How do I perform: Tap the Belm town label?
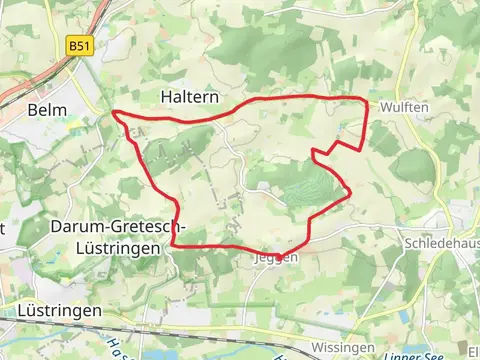[47, 110]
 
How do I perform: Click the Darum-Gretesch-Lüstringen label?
[107, 236]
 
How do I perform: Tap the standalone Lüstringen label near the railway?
[60, 311]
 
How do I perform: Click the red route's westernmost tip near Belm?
[114, 113]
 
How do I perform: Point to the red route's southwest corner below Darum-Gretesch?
[173, 243]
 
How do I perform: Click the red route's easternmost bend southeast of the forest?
[351, 195]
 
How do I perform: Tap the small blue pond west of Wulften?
[343, 128]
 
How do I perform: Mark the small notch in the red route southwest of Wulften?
[315, 152]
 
